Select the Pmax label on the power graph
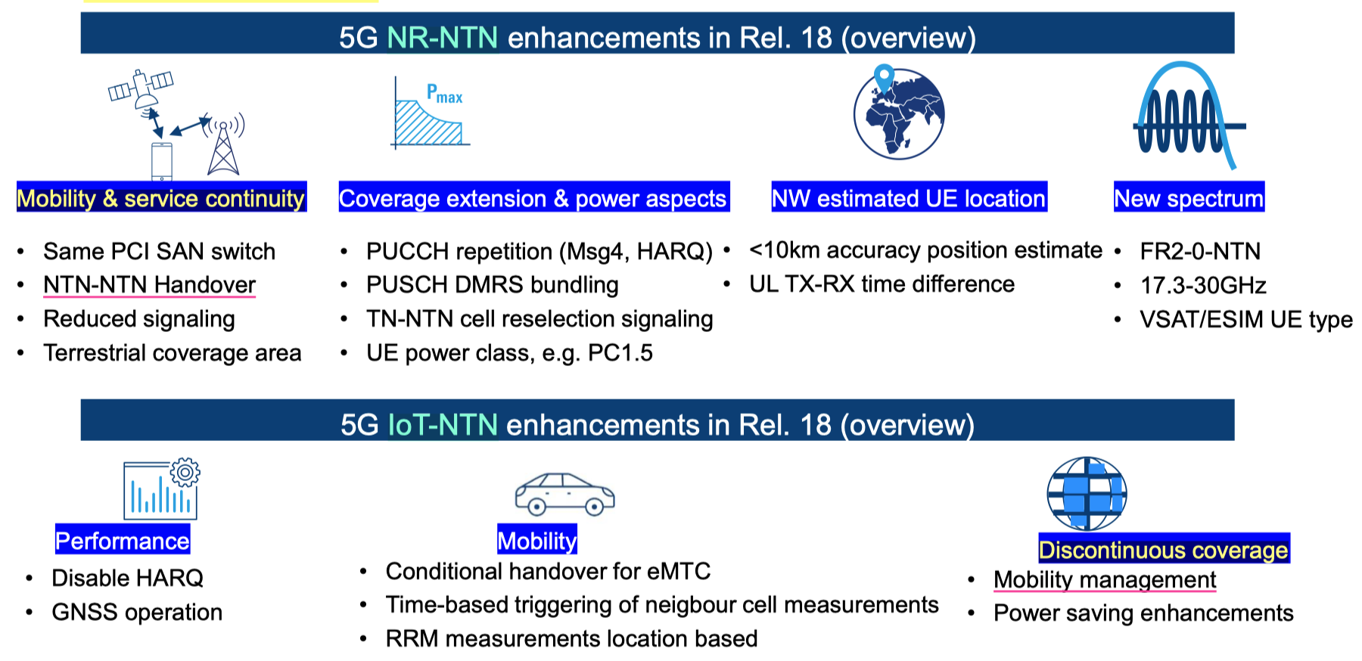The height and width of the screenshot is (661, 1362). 444,94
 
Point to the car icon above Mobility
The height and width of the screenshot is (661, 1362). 564,495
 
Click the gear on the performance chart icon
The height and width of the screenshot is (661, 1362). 185,473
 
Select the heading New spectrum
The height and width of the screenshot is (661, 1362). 1189,198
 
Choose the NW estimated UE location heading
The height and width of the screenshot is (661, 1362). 909,198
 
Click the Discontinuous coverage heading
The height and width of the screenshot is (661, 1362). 1164,550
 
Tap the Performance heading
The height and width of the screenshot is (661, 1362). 123,541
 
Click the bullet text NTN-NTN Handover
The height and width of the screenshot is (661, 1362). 150,284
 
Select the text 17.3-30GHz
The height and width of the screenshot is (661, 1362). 1203,285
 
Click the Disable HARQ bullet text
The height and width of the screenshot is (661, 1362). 127,578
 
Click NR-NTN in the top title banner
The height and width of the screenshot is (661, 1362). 443,38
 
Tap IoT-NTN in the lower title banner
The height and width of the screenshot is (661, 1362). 443,425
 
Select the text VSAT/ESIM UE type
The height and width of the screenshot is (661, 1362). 1246,319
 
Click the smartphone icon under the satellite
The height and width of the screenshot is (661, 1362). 161,162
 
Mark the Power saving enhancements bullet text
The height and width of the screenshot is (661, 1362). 1143,613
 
